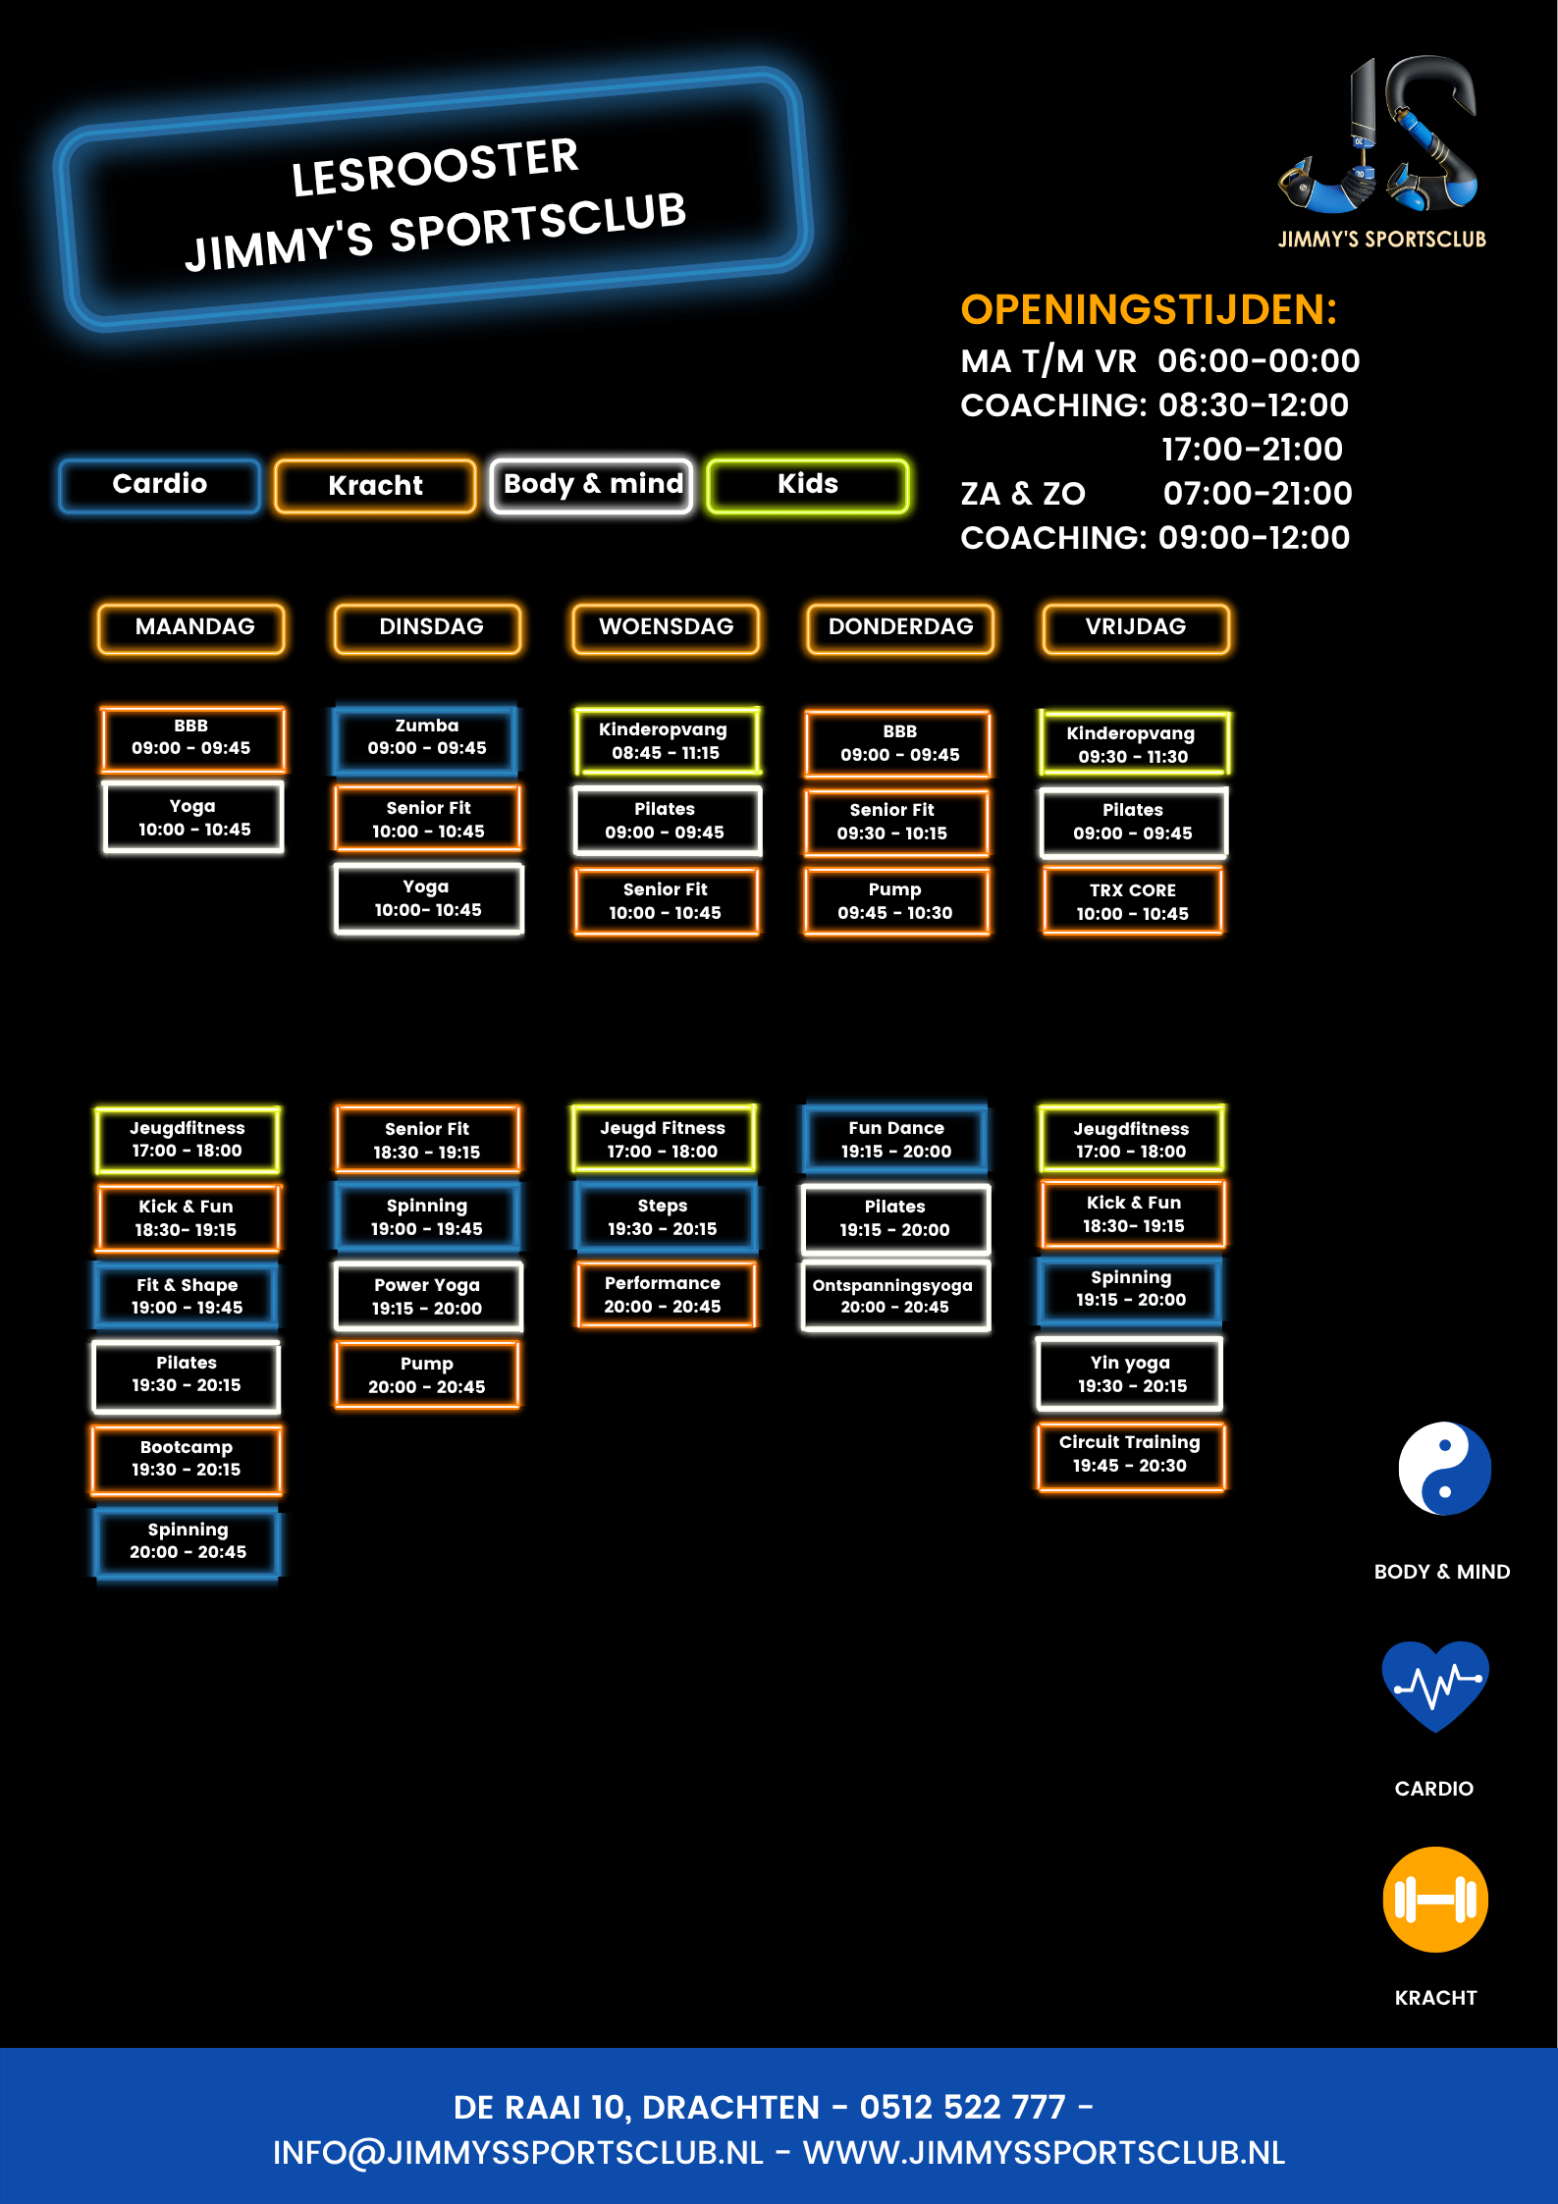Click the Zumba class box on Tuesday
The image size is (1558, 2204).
(x=426, y=737)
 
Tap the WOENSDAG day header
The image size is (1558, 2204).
(x=666, y=627)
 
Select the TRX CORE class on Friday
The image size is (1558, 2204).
(x=1132, y=901)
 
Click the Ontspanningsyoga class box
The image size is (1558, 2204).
(x=894, y=1296)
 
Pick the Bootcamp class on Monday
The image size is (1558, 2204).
(x=187, y=1459)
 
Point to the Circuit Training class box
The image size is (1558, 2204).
(x=1130, y=1454)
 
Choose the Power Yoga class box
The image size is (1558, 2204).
(x=427, y=1296)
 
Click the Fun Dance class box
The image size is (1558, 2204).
(x=895, y=1139)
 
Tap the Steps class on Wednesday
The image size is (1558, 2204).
(x=663, y=1217)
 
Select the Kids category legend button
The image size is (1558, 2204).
(x=807, y=485)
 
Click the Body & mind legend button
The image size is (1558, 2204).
(x=592, y=485)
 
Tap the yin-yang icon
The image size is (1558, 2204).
(x=1444, y=1469)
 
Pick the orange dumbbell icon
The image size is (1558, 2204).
(x=1435, y=1899)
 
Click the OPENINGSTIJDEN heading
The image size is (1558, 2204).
(x=1149, y=310)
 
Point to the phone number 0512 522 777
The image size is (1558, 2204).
(x=962, y=2107)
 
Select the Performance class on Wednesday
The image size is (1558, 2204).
(x=663, y=1295)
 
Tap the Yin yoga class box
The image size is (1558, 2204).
(x=1130, y=1374)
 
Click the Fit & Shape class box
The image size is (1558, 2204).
(x=187, y=1296)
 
